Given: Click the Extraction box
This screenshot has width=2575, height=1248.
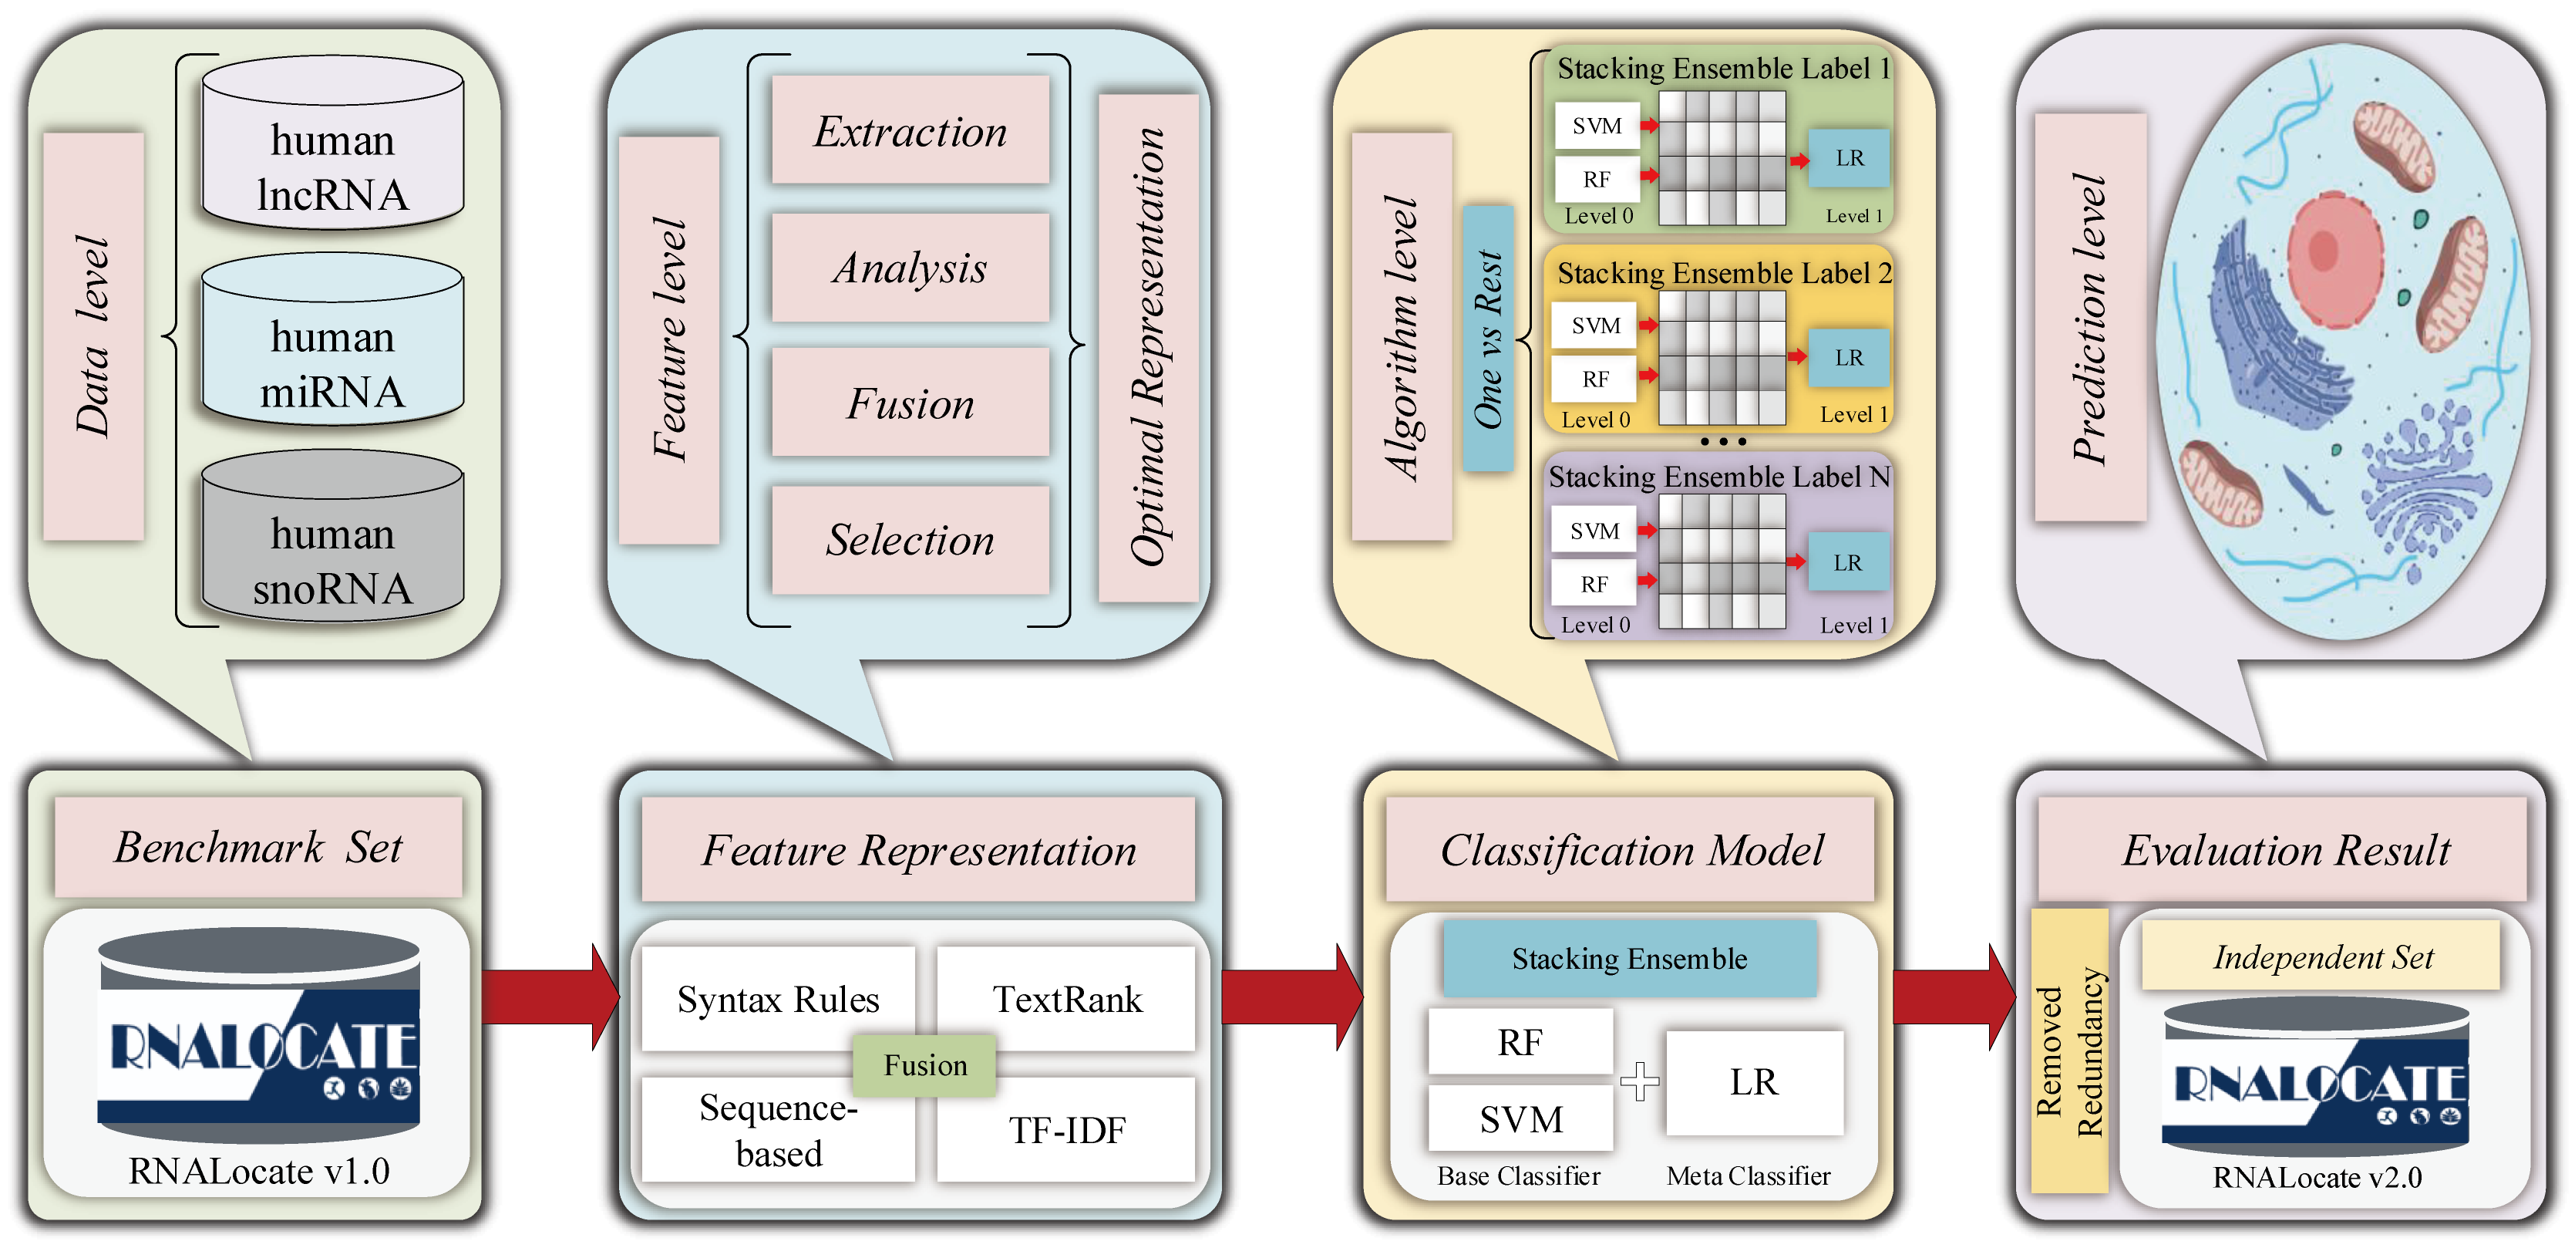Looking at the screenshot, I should (910, 131).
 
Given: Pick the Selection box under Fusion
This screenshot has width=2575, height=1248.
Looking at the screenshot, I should (910, 540).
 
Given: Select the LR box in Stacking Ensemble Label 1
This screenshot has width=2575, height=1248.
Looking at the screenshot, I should (1848, 158).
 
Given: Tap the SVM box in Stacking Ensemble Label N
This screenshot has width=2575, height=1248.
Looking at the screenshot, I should (1594, 530).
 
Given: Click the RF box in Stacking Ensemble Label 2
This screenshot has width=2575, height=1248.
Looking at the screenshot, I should (1594, 379).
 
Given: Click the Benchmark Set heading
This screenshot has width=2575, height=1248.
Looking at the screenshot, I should (258, 847).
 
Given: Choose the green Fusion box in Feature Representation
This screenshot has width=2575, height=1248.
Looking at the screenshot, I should (924, 1065).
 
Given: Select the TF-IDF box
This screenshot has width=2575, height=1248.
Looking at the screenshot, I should (1066, 1130).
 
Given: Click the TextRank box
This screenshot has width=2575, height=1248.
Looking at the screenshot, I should (1066, 999).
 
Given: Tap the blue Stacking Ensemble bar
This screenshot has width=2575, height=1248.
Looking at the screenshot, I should (1629, 959).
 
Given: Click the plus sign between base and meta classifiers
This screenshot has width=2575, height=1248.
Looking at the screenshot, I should (1639, 1082).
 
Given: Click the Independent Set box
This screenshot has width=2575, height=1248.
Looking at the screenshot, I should (2321, 957).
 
